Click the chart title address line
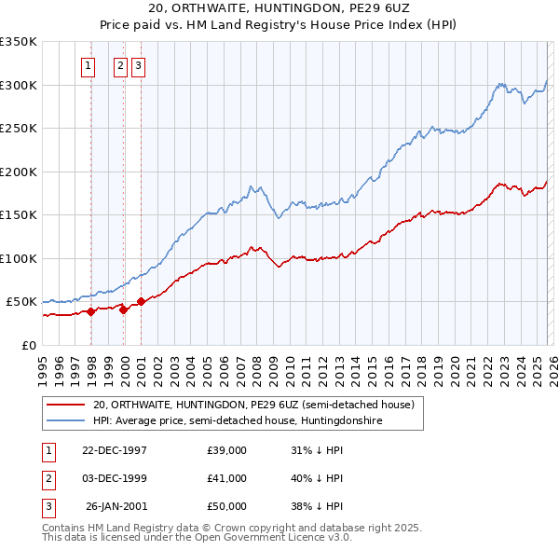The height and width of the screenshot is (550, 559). pos(279,7)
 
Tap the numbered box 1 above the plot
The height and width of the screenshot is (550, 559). pos(88,66)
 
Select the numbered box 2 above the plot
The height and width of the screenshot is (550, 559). pos(121,66)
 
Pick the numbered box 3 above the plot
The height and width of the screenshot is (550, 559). pos(138,66)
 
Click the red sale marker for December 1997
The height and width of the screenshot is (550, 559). pos(91,312)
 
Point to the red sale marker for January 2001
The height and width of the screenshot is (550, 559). pos(141,301)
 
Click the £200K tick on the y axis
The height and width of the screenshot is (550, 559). pos(19,172)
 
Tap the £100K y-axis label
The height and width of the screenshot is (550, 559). pos(19,258)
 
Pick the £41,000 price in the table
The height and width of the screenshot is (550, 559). pos(226,478)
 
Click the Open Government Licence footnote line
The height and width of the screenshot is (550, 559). pos(197,537)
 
